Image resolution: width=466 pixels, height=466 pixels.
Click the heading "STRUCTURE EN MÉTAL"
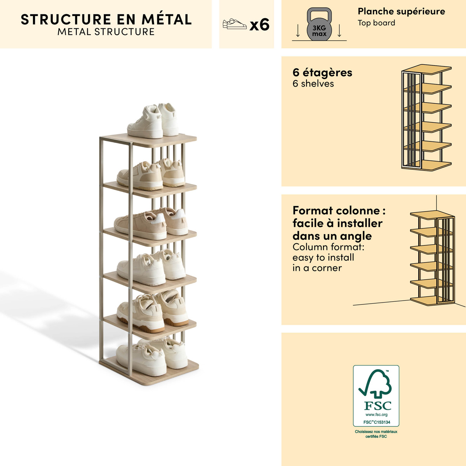pyautogui.click(x=106, y=19)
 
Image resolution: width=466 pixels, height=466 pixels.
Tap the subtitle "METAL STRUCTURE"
pyautogui.click(x=106, y=32)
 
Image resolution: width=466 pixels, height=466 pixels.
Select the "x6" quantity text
pyautogui.click(x=259, y=25)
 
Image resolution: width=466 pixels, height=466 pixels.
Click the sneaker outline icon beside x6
pyautogui.click(x=235, y=24)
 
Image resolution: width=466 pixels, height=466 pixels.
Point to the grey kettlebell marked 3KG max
pyautogui.click(x=319, y=24)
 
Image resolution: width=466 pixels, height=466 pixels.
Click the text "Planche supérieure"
pyautogui.click(x=402, y=11)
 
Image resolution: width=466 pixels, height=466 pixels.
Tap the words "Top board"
pyautogui.click(x=376, y=23)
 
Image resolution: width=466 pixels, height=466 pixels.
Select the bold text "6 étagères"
pyautogui.click(x=322, y=73)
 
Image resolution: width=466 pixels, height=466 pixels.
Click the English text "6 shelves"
pyautogui.click(x=313, y=83)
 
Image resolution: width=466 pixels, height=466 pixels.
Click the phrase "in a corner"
pyautogui.click(x=317, y=268)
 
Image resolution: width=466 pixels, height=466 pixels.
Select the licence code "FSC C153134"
pyautogui.click(x=377, y=422)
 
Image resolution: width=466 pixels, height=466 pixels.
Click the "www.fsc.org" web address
pyautogui.click(x=376, y=415)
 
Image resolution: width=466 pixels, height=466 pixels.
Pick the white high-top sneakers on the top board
pyautogui.click(x=153, y=121)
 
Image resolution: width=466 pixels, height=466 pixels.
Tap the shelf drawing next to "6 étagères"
pyautogui.click(x=426, y=118)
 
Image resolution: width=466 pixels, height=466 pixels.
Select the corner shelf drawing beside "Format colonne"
pyautogui.click(x=432, y=257)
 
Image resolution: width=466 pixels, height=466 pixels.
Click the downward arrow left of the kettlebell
pyautogui.click(x=298, y=30)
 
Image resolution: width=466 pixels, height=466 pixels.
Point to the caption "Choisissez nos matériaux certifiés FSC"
pyautogui.click(x=376, y=434)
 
